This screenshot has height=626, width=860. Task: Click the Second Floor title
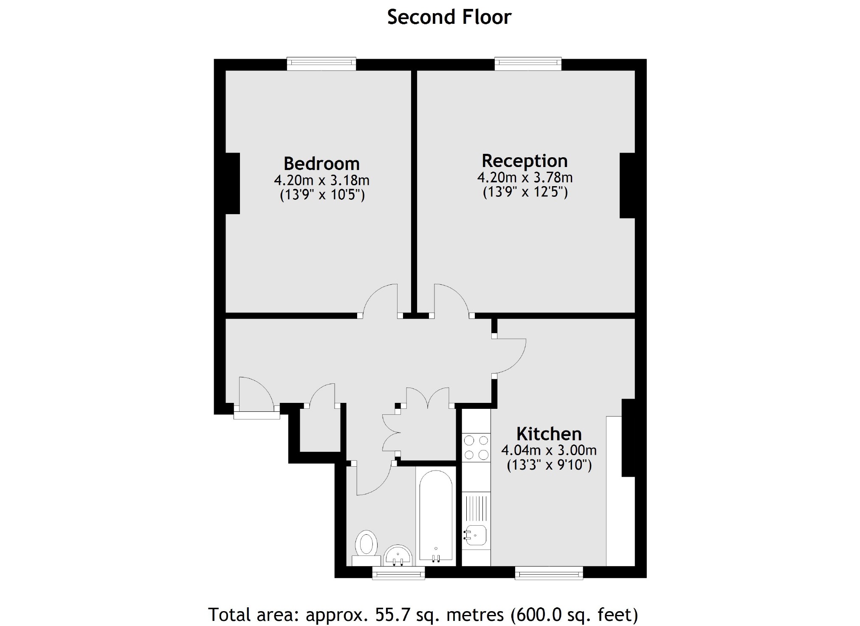pyautogui.click(x=449, y=17)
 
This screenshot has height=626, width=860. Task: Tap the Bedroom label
pyautogui.click(x=321, y=164)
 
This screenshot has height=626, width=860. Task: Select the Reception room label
pyautogui.click(x=524, y=161)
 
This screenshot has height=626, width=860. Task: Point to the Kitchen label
pyautogui.click(x=549, y=434)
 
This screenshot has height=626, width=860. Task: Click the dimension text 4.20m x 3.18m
pyautogui.click(x=321, y=180)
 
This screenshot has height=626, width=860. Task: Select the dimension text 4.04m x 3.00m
pyautogui.click(x=549, y=450)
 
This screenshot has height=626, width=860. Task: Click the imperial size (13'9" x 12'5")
pyautogui.click(x=525, y=192)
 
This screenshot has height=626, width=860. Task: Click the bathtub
pyautogui.click(x=436, y=516)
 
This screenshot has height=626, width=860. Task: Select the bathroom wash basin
pyautogui.click(x=398, y=556)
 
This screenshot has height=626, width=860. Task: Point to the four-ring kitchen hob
pyautogui.click(x=476, y=448)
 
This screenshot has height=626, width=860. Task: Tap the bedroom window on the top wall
pyautogui.click(x=321, y=64)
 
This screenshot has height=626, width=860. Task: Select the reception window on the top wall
pyautogui.click(x=528, y=64)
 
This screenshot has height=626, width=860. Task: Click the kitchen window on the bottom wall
pyautogui.click(x=549, y=573)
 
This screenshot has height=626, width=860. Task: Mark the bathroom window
pyautogui.click(x=398, y=573)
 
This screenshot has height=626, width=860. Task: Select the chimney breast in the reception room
pyautogui.click(x=627, y=185)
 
